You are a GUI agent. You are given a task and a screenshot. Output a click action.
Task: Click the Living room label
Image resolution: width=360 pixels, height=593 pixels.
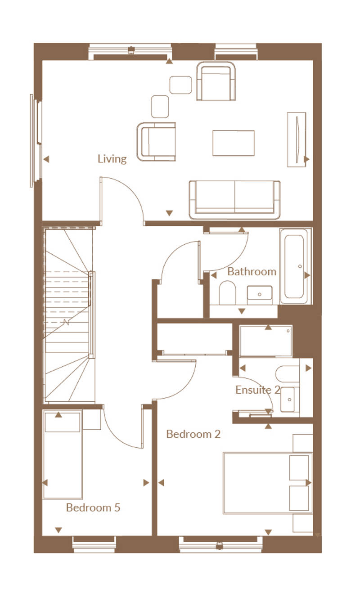[x=112, y=159]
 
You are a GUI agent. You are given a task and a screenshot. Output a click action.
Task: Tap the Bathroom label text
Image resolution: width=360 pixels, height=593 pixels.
[x=252, y=272]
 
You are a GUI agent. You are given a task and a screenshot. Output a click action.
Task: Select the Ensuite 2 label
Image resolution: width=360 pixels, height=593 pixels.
[x=257, y=390]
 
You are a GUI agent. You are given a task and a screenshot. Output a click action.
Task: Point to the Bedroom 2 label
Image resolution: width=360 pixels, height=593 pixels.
[x=193, y=434]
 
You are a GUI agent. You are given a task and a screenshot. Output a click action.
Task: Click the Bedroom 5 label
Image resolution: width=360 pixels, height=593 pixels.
[x=93, y=508]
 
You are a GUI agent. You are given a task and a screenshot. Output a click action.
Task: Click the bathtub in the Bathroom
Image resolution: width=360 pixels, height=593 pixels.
[x=296, y=266]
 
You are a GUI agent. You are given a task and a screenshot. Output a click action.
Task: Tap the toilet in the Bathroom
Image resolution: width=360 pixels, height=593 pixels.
[x=227, y=292]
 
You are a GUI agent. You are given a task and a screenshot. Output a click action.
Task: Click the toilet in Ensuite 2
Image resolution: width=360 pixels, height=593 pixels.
[x=288, y=374]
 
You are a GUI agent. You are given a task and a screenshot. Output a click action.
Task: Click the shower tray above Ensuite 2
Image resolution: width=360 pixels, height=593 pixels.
[x=265, y=341]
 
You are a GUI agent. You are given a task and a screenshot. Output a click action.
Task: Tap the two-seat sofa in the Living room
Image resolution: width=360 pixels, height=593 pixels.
[x=234, y=200]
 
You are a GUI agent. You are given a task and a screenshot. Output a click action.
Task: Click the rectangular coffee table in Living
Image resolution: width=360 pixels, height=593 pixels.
[x=234, y=143]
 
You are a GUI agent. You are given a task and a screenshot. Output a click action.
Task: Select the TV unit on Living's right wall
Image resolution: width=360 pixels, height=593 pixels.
[x=297, y=139]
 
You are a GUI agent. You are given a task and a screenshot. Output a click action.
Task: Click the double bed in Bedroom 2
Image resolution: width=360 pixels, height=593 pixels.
[x=268, y=483]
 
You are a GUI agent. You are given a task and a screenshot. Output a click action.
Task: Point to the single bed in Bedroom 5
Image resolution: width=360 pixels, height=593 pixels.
[x=63, y=454]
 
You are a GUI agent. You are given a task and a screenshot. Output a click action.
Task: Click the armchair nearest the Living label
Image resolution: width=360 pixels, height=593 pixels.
[x=156, y=142]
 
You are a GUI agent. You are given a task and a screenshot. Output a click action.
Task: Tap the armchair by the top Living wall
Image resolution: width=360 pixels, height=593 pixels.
[x=216, y=81]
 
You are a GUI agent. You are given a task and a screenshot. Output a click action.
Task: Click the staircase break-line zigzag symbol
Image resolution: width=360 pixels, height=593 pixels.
[x=67, y=322]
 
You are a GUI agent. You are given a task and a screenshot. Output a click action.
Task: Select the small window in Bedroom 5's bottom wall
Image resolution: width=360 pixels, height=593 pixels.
[x=94, y=545]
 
